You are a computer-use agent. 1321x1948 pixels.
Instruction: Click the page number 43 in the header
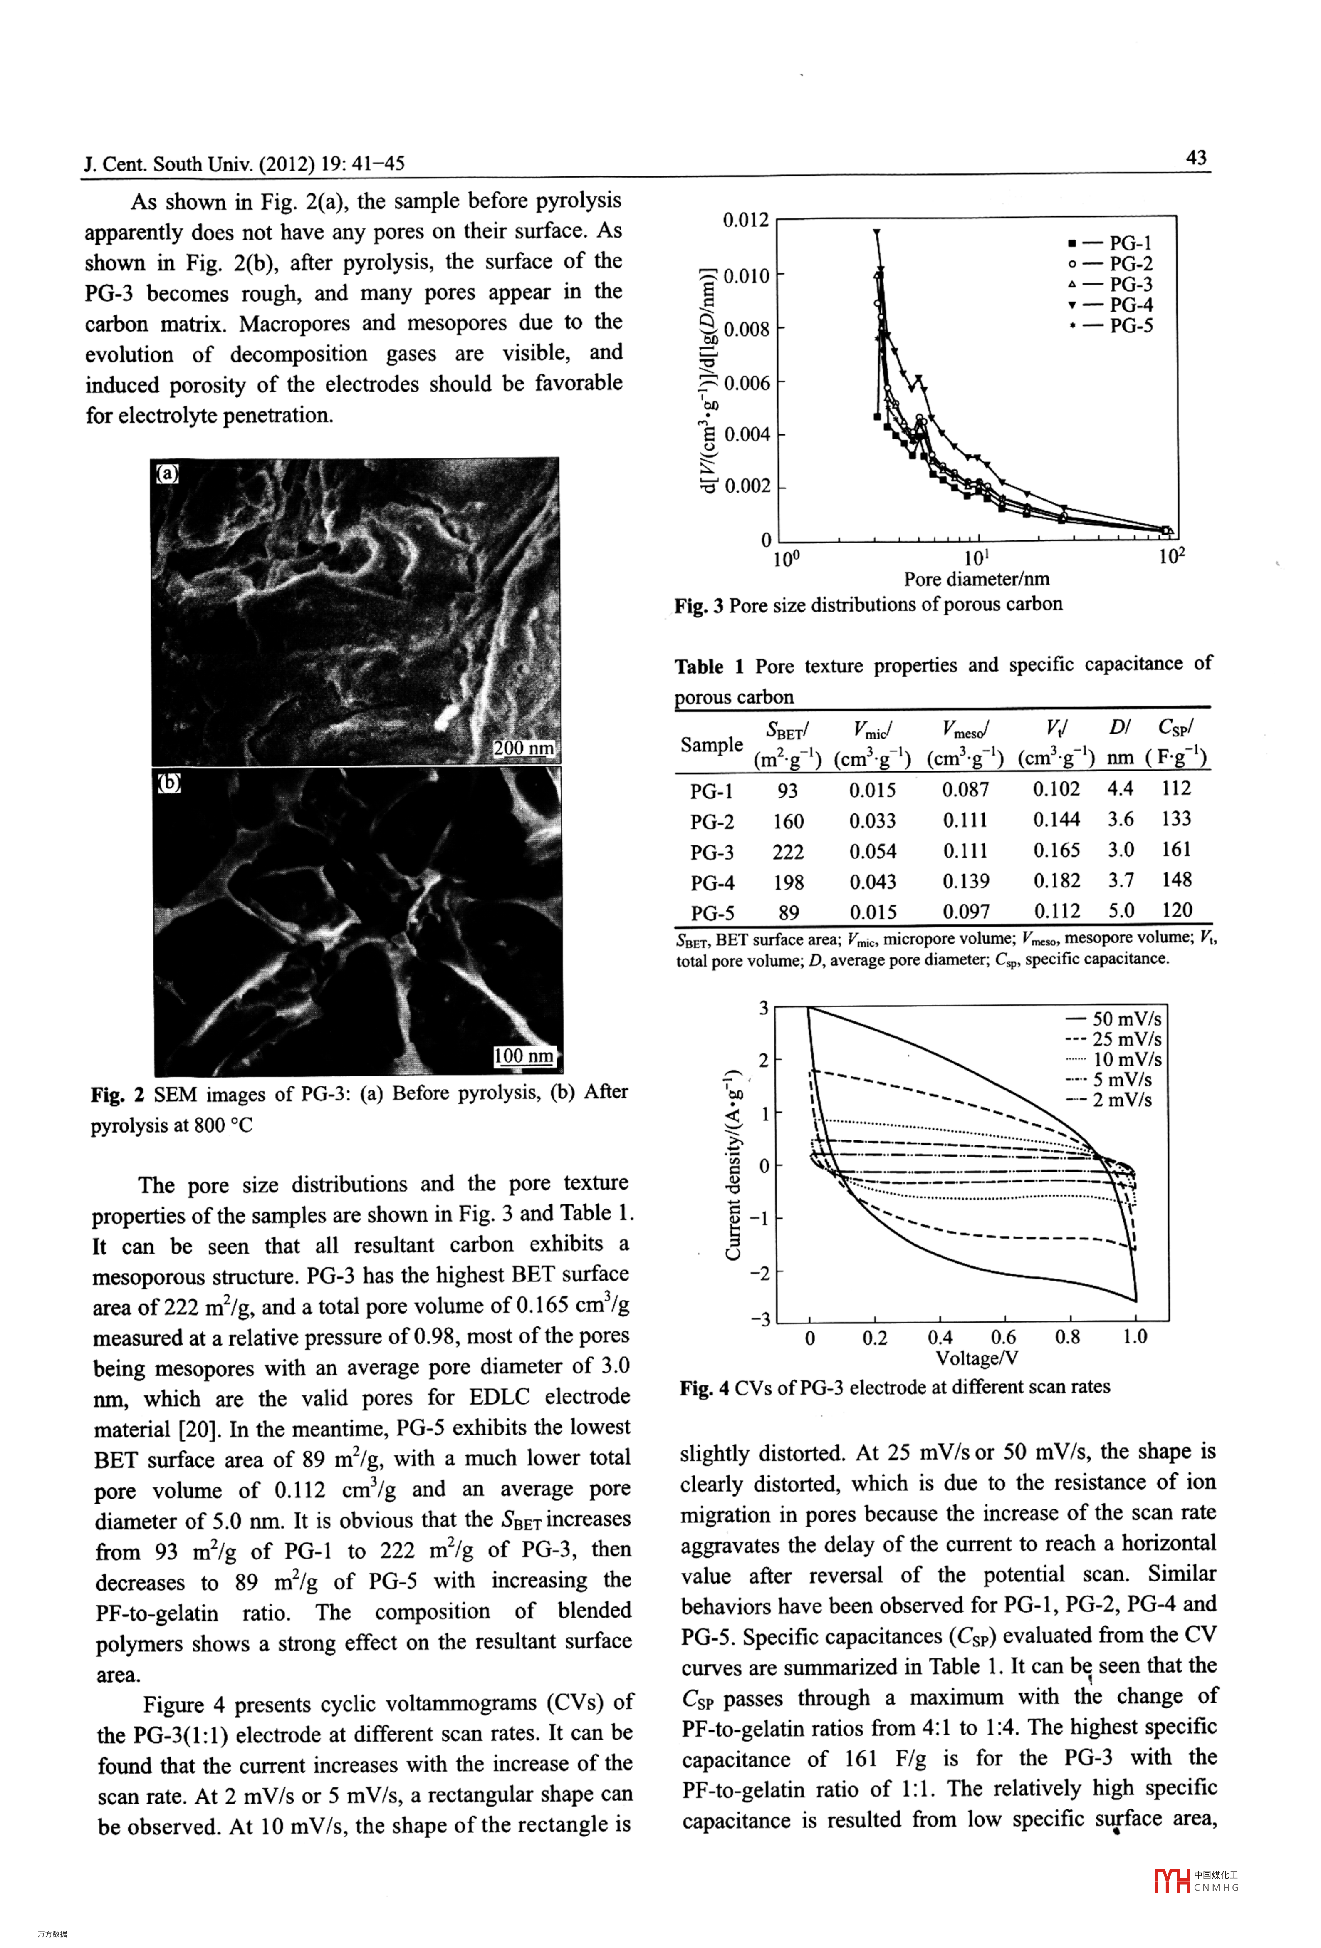1196,158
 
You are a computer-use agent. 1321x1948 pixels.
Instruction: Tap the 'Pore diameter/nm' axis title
977,579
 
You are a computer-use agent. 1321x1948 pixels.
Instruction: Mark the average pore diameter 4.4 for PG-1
1120,788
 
